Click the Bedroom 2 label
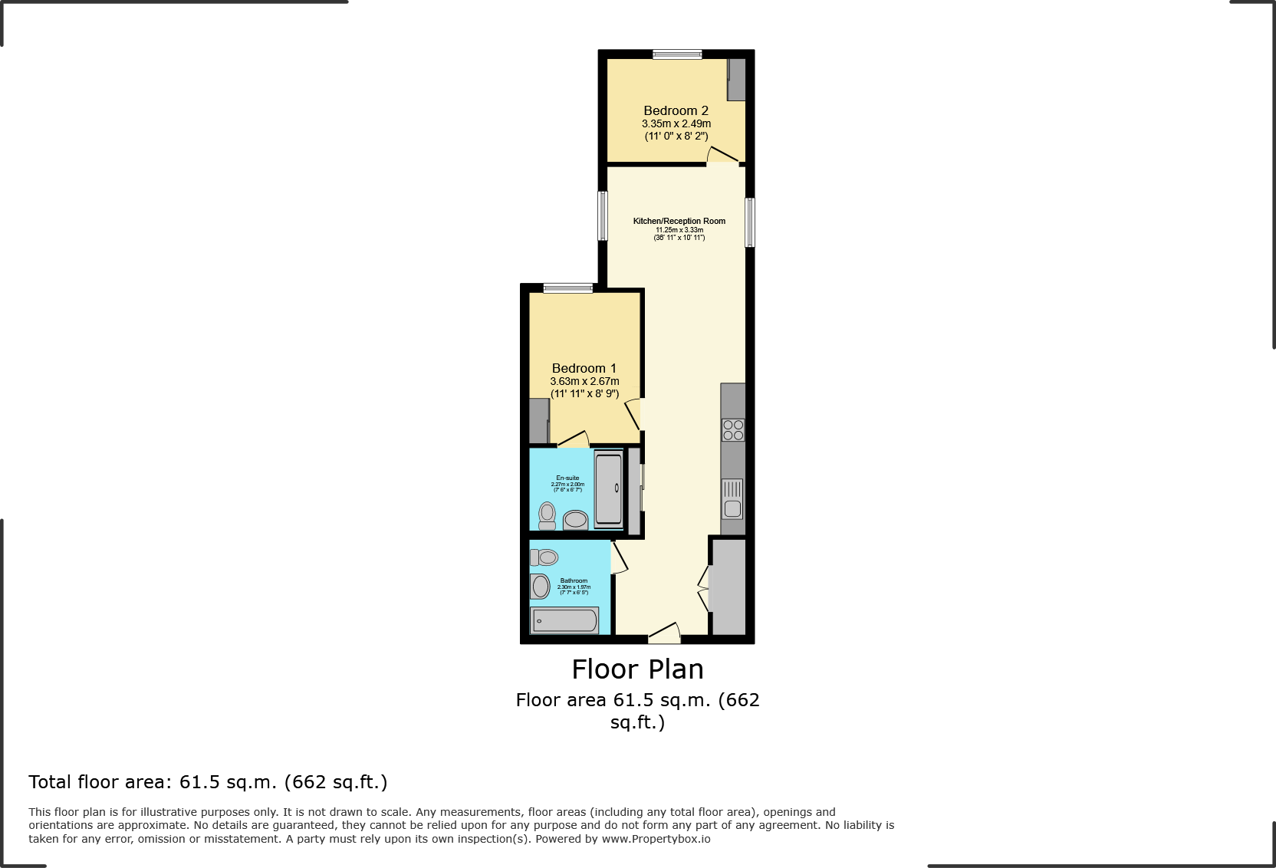tap(676, 110)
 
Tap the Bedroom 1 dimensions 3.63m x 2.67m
tap(584, 381)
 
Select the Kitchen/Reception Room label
tap(679, 221)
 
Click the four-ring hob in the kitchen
tap(733, 429)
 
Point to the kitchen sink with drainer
tap(732, 498)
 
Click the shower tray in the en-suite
tap(609, 489)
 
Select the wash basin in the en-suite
tap(576, 520)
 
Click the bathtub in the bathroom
tap(565, 620)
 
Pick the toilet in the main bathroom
tap(544, 557)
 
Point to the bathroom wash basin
tap(541, 587)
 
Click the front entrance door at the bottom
tap(664, 633)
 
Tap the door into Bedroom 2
tap(722, 156)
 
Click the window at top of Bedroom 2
tap(677, 54)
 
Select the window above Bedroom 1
tap(568, 288)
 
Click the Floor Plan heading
tap(637, 669)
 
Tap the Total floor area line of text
tap(208, 782)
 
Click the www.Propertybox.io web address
tap(656, 839)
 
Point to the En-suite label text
tap(567, 478)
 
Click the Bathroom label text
tap(574, 580)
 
